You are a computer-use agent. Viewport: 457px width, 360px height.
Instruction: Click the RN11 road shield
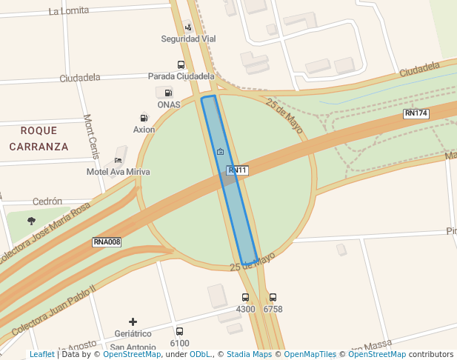[x=237, y=170]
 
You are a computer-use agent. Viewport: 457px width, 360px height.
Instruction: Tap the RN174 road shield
[x=416, y=113]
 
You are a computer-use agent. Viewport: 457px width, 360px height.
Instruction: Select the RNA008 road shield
[x=107, y=242]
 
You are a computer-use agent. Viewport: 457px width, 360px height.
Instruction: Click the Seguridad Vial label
[x=188, y=39]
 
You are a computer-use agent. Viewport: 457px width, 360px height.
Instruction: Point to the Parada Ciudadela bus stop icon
[x=181, y=65]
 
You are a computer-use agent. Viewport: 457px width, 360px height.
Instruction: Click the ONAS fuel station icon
[x=168, y=93]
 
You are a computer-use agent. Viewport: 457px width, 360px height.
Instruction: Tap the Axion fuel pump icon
[x=144, y=118]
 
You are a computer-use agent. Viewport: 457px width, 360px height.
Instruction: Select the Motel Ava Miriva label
[x=119, y=172]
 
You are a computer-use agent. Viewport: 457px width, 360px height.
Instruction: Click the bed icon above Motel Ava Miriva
[x=118, y=160]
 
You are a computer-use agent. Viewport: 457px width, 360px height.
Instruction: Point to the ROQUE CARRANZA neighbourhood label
[x=39, y=139]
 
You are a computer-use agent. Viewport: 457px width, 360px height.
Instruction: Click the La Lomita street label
[x=68, y=11]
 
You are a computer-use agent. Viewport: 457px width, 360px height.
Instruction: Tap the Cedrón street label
[x=47, y=201]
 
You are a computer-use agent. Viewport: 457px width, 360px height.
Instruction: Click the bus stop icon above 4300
[x=245, y=298]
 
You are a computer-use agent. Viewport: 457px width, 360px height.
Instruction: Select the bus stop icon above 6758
[x=273, y=298]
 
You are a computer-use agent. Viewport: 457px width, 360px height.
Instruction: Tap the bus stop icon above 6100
[x=179, y=332]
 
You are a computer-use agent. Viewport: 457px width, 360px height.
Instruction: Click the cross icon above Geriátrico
[x=133, y=321]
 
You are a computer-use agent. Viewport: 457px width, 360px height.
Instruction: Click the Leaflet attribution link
[x=41, y=355]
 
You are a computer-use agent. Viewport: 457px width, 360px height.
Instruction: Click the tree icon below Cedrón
[x=31, y=221]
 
